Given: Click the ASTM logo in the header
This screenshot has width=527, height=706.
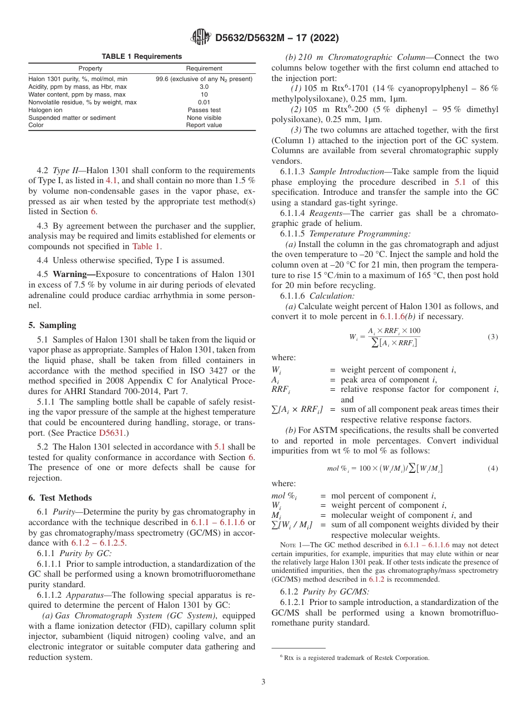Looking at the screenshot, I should pyautogui.click(x=200, y=38).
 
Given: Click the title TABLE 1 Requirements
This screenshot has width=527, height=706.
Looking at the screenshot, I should pyautogui.click(x=141, y=57).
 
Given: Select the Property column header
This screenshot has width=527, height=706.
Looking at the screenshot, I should pyautogui.click(x=90, y=69).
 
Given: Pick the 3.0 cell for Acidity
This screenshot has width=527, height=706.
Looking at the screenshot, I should pyautogui.click(x=204, y=87).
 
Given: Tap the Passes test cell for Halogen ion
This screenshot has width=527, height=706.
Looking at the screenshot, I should pyautogui.click(x=204, y=110).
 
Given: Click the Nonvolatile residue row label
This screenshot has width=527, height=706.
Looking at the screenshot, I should pyautogui.click(x=82, y=103).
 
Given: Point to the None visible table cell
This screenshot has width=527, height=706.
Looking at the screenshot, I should pyautogui.click(x=204, y=118).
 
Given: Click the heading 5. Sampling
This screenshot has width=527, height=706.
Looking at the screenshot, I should pyautogui.click(x=52, y=325).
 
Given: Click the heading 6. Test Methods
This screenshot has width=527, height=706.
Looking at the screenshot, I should pyautogui.click(x=60, y=498).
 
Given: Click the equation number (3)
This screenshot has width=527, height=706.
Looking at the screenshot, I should pyautogui.click(x=492, y=337).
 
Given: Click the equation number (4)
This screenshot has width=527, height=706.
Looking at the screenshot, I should pyautogui.click(x=492, y=468).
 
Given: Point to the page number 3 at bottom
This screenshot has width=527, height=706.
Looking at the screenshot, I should pyautogui.click(x=263, y=682).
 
